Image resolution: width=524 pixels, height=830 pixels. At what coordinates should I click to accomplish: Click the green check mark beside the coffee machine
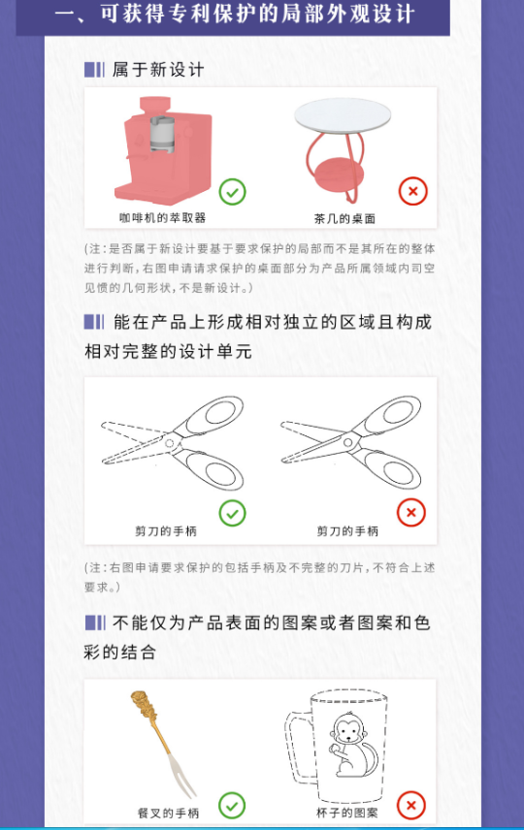pos(232,192)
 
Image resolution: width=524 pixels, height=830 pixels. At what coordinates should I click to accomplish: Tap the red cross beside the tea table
pos(412,191)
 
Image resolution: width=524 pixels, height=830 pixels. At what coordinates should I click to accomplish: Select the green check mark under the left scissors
pos(232,513)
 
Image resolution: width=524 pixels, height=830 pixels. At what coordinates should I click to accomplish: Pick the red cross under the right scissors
pos(411,512)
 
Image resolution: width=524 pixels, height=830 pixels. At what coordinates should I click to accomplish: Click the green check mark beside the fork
pos(232,806)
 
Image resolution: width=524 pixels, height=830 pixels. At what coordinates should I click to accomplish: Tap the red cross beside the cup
pos(411,806)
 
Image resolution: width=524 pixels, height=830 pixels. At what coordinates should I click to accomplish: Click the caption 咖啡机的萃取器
pos(162,217)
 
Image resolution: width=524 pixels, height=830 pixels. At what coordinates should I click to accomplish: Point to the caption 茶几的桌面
pos(344,218)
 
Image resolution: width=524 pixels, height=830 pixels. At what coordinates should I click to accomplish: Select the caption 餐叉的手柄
pos(168,814)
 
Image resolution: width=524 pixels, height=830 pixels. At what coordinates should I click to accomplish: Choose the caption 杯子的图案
pos(347,813)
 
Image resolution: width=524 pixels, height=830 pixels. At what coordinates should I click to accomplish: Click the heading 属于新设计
pos(158,70)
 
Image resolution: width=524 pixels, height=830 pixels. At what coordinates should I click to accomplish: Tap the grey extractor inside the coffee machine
pos(162,134)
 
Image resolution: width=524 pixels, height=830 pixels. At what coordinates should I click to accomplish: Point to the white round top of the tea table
pos(343,115)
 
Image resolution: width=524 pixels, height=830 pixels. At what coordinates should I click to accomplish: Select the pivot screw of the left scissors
pos(170,442)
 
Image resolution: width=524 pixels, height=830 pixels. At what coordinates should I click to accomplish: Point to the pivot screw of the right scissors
pos(348,442)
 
